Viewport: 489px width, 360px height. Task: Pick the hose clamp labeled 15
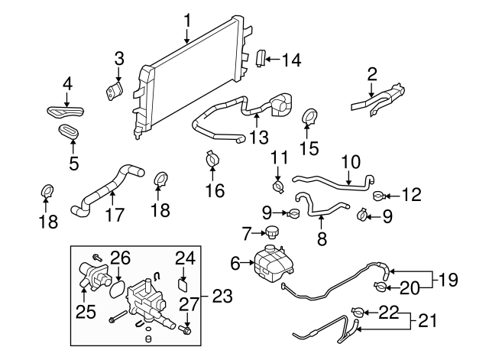pyautogui.click(x=311, y=118)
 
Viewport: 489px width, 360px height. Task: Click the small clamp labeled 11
pyautogui.click(x=279, y=184)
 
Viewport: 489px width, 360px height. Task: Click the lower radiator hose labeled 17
pyautogui.click(x=107, y=188)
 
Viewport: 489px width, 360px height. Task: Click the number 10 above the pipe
pyautogui.click(x=350, y=162)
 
